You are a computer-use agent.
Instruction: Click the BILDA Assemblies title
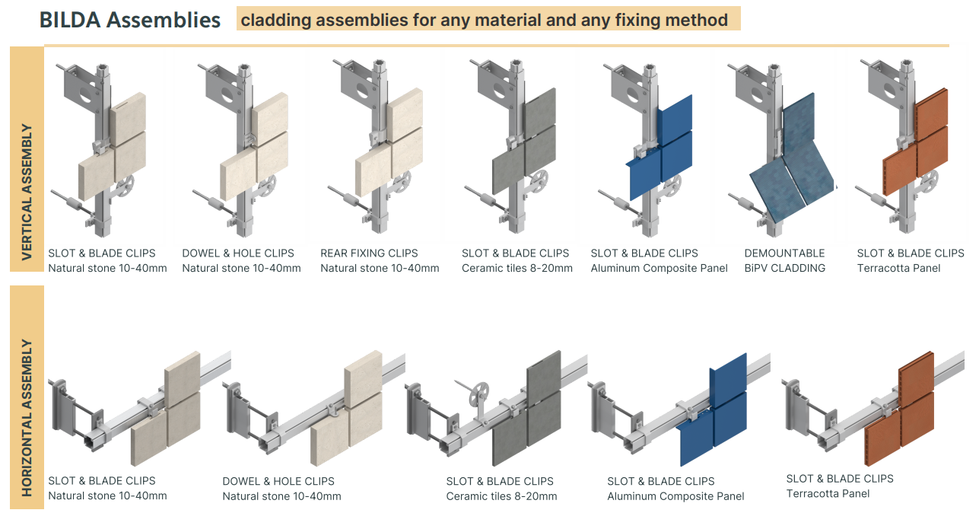click(x=130, y=20)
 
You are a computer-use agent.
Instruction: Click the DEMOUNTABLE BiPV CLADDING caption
click(x=784, y=260)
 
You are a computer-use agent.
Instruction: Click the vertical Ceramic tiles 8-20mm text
click(x=517, y=268)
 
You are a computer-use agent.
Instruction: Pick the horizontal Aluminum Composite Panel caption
click(x=675, y=496)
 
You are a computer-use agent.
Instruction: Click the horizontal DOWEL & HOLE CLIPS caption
click(x=278, y=481)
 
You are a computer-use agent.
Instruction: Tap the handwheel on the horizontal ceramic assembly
click(x=479, y=397)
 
